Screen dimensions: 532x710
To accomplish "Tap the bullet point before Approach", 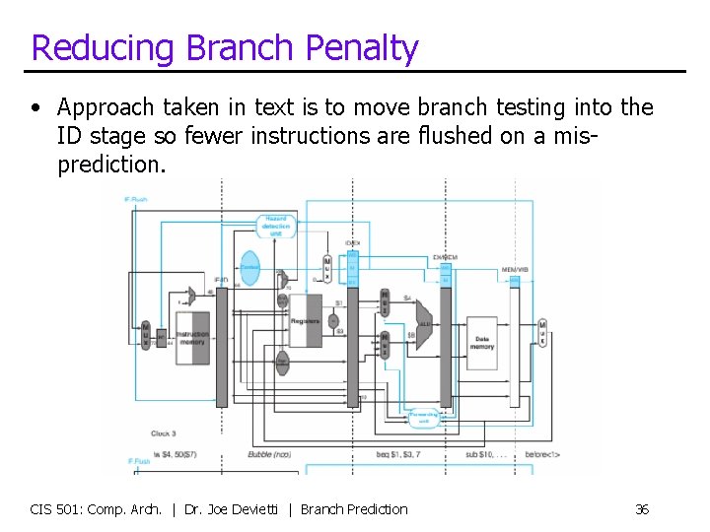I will [35, 108].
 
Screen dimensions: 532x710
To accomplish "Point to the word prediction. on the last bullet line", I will [112, 164].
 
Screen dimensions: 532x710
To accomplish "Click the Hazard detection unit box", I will [276, 227].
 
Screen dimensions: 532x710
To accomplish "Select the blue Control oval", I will [249, 267].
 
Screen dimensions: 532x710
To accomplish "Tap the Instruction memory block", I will [192, 338].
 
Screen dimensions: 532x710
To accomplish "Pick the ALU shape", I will [425, 322].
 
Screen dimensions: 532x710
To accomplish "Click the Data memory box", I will [481, 342].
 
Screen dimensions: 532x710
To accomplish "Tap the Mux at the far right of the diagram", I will [541, 335].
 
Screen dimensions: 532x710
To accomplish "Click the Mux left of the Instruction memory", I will [145, 336].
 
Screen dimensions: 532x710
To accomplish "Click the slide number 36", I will [642, 509].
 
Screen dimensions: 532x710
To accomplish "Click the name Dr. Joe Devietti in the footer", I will [232, 509].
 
